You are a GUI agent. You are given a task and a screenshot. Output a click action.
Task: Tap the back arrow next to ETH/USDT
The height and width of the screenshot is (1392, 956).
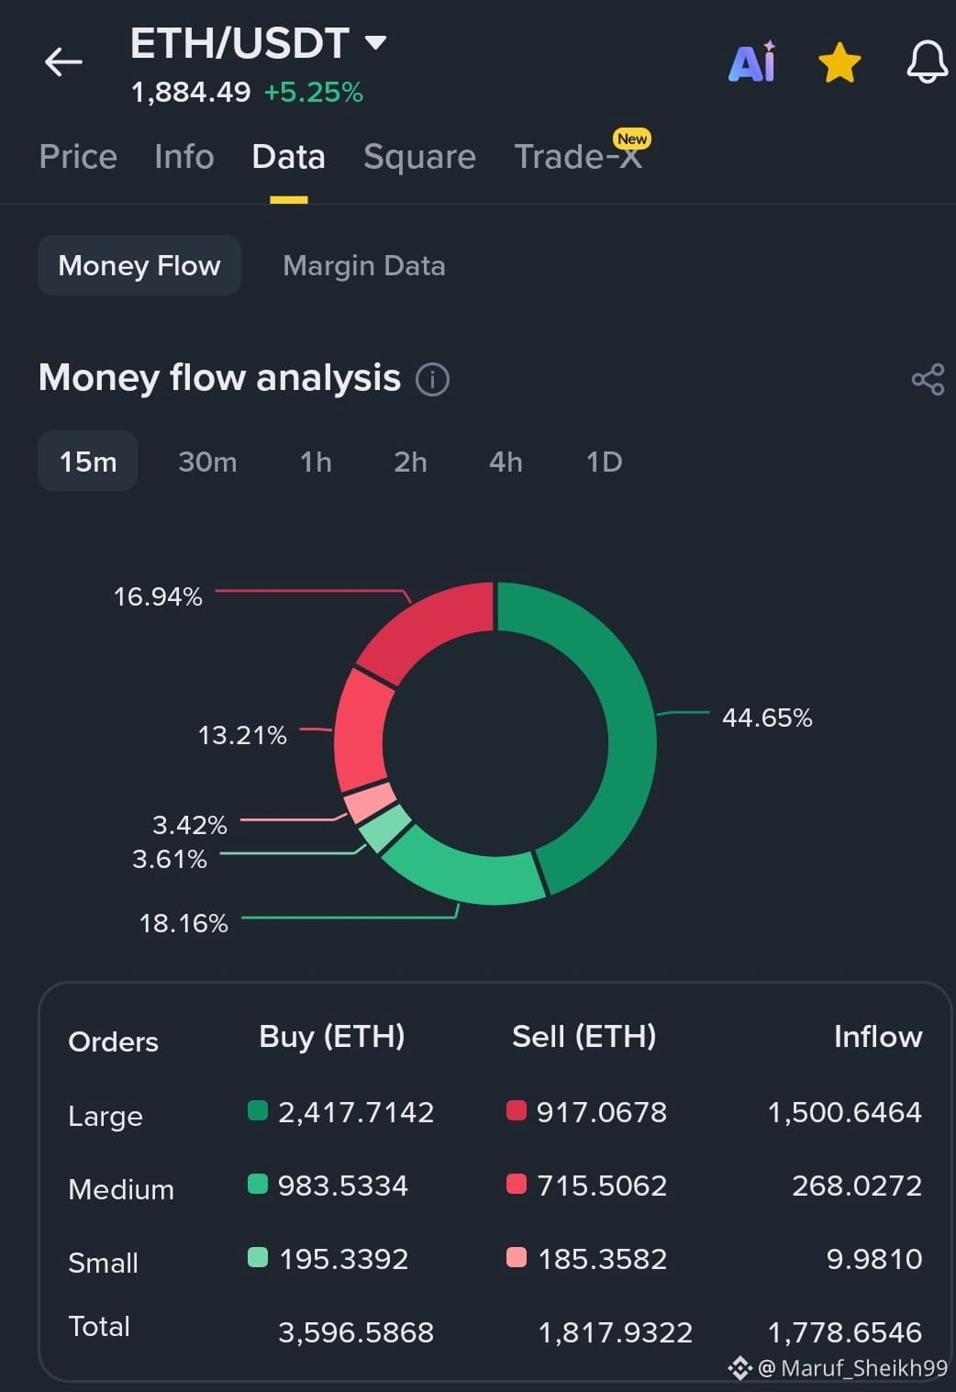coord(63,61)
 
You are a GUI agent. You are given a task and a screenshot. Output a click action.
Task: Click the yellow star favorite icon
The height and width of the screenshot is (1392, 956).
coord(839,62)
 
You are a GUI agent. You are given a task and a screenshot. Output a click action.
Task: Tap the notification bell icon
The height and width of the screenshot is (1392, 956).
coord(927,61)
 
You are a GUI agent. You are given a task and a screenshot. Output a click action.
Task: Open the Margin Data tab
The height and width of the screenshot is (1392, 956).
coord(364,266)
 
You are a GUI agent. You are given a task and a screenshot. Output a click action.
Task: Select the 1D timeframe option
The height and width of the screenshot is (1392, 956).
coord(604,462)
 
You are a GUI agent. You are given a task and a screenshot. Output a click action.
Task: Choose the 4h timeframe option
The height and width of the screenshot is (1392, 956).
coord(505,462)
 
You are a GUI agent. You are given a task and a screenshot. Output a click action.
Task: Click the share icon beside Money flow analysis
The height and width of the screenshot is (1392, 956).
coord(928,379)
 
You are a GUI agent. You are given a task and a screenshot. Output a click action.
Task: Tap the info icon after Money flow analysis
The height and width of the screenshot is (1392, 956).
coord(432,379)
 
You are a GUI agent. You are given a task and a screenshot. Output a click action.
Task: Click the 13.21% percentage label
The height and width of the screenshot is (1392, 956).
coord(242,735)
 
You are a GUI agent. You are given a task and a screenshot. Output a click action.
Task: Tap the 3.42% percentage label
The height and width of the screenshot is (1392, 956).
coord(190,825)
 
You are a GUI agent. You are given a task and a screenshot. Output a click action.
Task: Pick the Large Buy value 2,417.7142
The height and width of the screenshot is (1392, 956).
coord(356,1112)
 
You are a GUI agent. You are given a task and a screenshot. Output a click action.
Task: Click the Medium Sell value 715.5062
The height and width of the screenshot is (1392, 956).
coord(602,1185)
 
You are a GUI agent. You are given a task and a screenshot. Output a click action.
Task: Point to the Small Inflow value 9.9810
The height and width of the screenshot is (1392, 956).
coord(874,1259)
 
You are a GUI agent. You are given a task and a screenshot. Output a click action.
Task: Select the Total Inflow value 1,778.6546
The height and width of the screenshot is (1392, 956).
coord(845,1332)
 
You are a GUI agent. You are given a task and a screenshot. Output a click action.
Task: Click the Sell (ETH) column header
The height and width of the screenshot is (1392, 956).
coord(584,1037)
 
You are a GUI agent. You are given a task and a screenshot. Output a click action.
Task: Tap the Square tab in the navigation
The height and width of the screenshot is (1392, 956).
coord(419,157)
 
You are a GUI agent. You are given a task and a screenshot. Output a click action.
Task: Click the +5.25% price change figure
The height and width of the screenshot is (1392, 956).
coord(314,93)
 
